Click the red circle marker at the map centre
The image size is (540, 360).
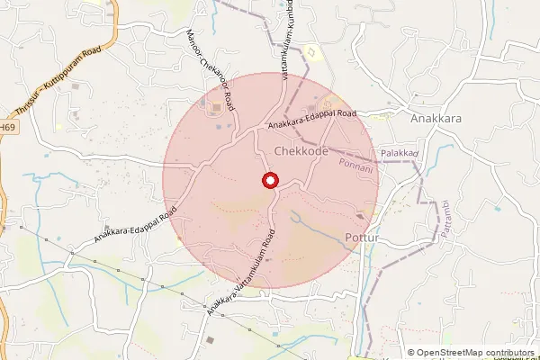point(269,181)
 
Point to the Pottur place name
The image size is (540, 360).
point(364,238)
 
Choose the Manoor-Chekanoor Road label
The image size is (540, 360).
point(211,71)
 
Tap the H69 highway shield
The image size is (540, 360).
point(7,129)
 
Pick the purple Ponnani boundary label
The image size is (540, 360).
point(358,165)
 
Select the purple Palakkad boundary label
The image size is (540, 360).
point(400,154)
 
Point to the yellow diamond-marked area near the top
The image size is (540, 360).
point(312,52)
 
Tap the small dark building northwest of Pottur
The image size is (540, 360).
point(360,216)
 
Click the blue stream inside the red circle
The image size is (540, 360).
point(310,225)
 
